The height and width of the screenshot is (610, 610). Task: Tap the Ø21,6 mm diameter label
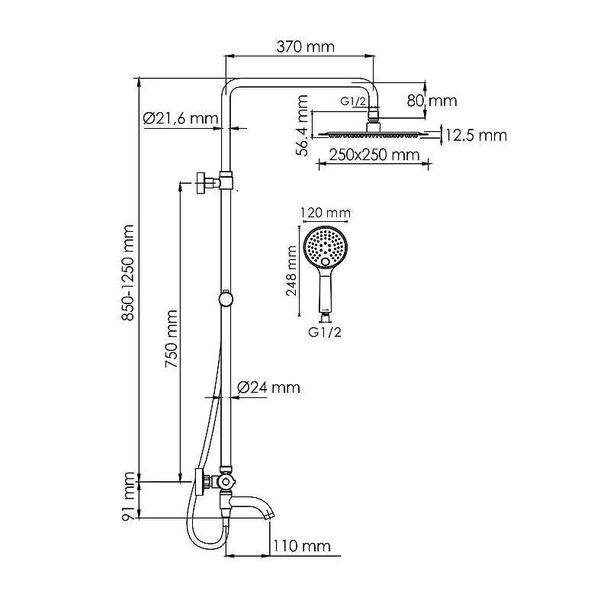181,118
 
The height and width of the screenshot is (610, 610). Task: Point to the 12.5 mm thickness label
476,136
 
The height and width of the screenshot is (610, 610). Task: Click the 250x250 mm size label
374,156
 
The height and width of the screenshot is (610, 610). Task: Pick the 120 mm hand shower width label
326,213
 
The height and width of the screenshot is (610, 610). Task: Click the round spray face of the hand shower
326,246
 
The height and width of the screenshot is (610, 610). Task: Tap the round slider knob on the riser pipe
225,298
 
